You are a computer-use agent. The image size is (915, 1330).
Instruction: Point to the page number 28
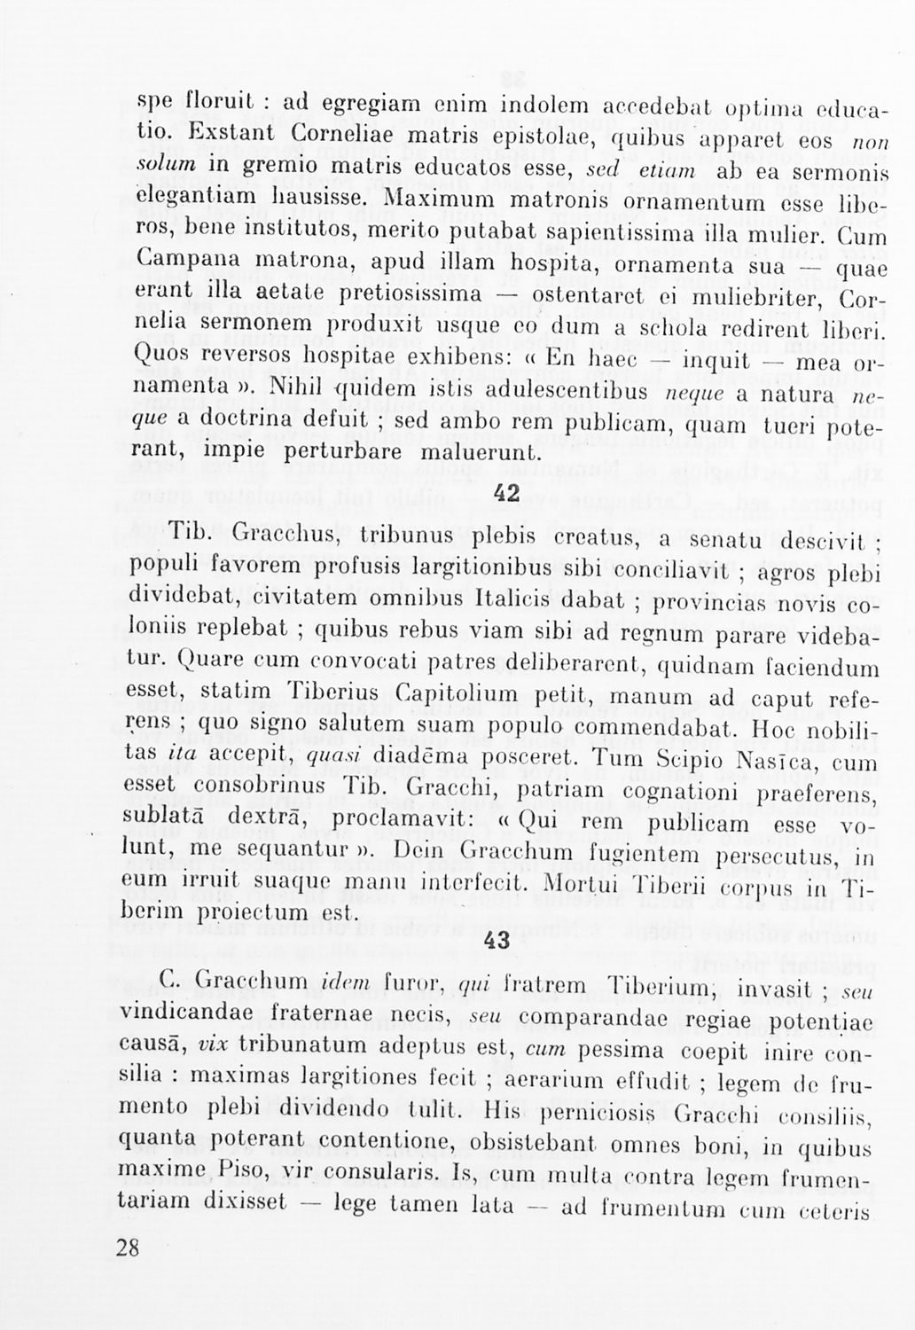(128, 1248)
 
